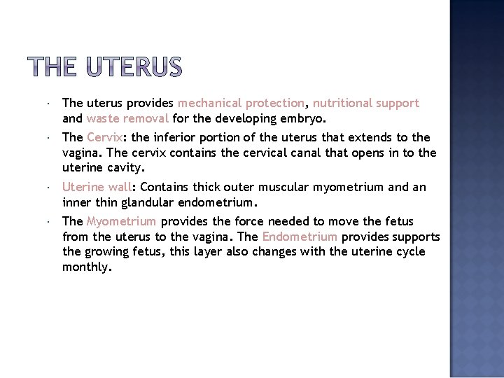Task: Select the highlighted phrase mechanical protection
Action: (241, 104)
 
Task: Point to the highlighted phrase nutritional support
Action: (366, 104)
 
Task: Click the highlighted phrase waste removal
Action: (127, 118)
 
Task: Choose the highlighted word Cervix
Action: (105, 138)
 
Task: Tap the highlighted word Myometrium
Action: (121, 222)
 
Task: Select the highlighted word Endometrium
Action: (300, 237)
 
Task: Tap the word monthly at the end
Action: (86, 267)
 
